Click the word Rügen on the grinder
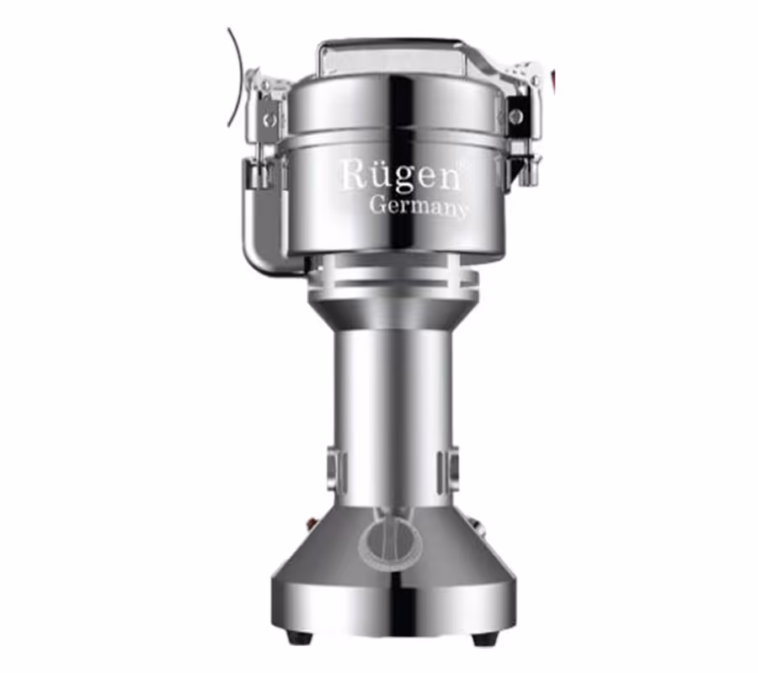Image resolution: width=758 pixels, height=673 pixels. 401,176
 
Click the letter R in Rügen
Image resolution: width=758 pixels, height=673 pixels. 355,174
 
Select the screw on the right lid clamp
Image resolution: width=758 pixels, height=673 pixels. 515,115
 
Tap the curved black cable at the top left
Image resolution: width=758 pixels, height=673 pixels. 237,77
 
